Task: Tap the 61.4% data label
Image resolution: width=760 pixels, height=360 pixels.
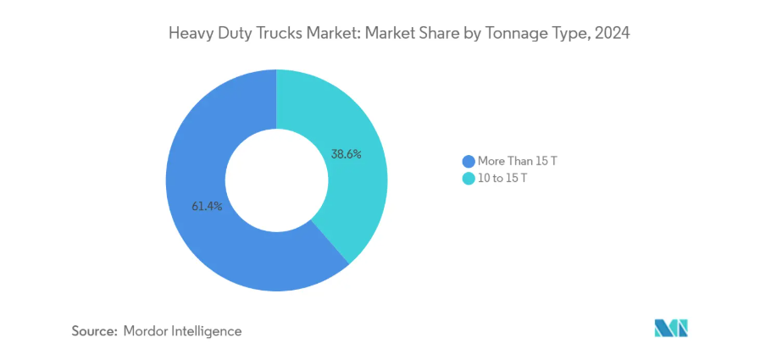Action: [206, 206]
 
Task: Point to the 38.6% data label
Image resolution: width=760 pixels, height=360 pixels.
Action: [346, 154]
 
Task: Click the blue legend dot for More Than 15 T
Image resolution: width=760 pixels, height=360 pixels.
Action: [468, 161]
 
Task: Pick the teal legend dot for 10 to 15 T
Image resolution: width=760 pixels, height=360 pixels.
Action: [468, 178]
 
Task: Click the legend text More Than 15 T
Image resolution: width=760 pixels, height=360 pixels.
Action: [517, 161]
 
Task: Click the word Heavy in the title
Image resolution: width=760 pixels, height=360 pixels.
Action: [191, 34]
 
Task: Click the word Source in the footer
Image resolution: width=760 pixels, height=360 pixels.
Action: [94, 331]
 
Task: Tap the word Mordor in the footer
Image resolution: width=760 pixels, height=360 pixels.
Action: [146, 331]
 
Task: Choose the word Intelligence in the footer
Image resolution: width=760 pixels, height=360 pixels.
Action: [207, 331]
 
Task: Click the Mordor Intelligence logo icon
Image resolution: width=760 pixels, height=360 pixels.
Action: [671, 328]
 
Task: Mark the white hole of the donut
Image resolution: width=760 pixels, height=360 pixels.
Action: [276, 180]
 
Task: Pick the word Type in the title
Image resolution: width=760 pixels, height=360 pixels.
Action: [570, 34]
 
